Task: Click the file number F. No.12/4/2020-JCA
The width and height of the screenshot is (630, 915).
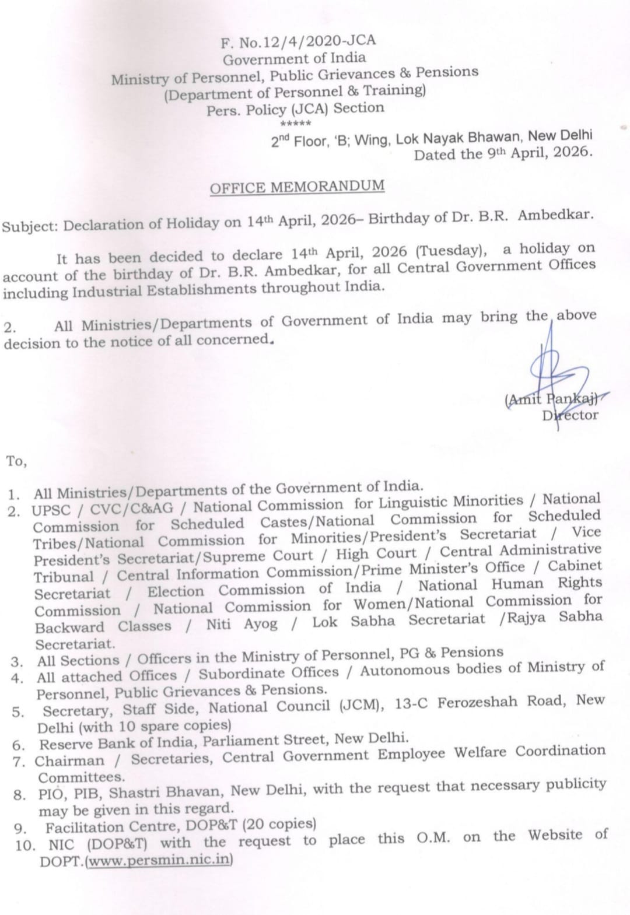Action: [298, 41]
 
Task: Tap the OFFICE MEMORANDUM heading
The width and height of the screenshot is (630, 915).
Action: [297, 187]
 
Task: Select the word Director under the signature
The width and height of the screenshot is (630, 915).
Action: [569, 416]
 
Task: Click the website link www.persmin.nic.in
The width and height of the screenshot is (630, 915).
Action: [159, 860]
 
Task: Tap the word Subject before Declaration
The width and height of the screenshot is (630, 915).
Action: [29, 226]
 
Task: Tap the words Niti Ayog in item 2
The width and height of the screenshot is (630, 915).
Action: [242, 625]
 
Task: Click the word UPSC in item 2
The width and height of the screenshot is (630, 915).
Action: [51, 510]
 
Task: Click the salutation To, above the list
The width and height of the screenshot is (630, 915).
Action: [16, 461]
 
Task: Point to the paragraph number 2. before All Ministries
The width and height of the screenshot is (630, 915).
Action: [10, 328]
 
